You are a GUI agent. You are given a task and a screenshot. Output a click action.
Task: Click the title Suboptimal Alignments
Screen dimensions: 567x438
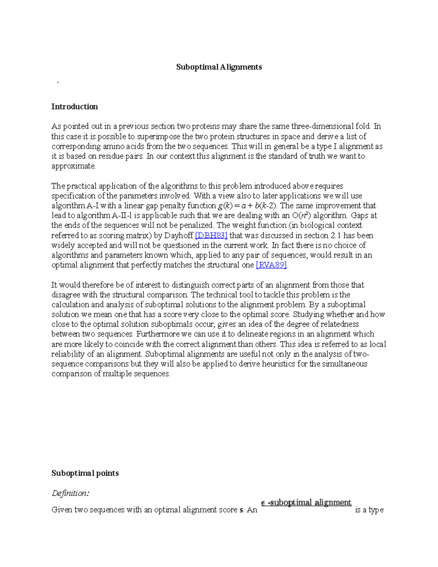tap(219, 67)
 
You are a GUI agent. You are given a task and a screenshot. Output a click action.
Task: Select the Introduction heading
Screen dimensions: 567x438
tap(74, 107)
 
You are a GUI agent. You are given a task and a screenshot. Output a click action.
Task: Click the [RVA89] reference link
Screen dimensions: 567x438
tap(272, 265)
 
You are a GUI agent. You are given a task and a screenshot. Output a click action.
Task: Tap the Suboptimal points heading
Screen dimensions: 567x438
tap(85, 473)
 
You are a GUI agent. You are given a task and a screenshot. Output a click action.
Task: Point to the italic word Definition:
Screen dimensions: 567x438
tap(70, 493)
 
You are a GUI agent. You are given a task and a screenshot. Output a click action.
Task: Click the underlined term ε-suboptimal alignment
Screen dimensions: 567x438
tap(306, 503)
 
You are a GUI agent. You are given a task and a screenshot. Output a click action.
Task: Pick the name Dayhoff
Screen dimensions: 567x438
tap(178, 235)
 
